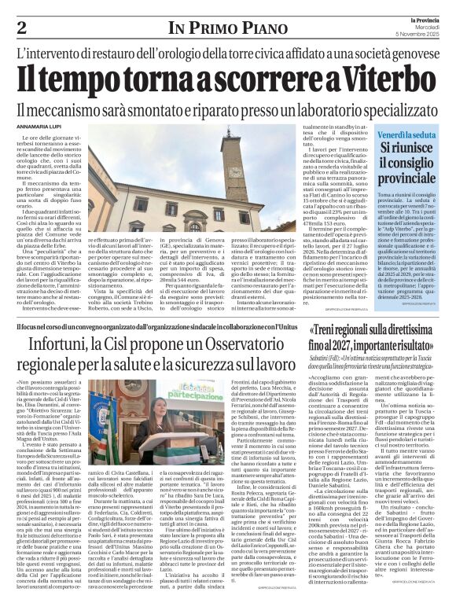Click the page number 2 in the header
[21, 29]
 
